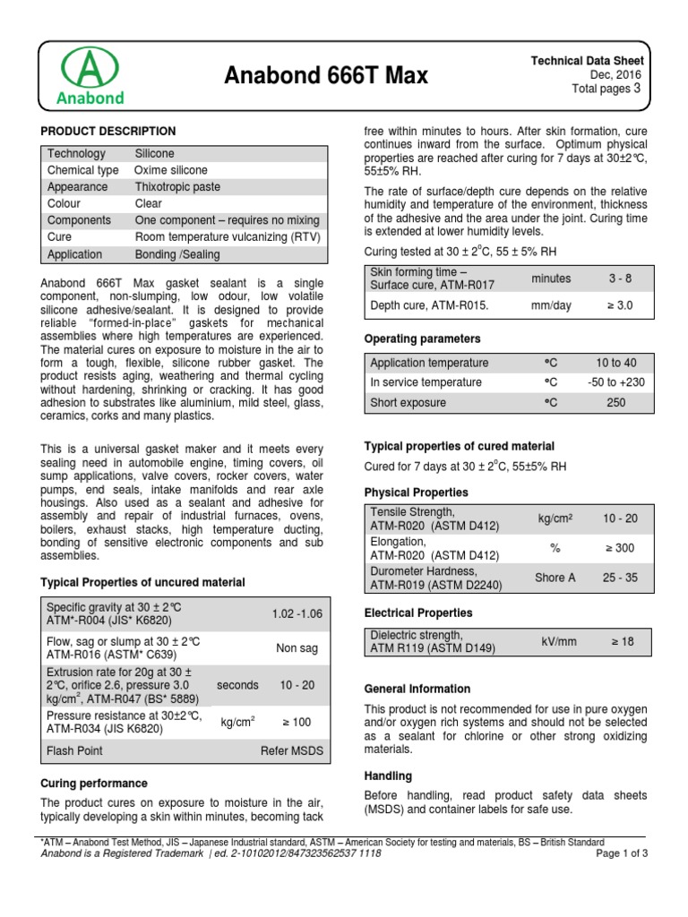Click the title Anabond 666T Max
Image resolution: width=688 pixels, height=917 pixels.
(x=326, y=77)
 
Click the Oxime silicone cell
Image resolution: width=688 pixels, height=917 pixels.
(x=171, y=170)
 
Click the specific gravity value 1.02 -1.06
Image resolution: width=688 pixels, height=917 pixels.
(x=297, y=613)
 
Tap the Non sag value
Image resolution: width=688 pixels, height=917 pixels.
(x=297, y=647)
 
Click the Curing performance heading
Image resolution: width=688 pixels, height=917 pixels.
(x=94, y=783)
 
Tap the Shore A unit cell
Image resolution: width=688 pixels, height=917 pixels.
(x=555, y=578)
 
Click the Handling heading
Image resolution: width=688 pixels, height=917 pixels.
(x=388, y=776)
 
